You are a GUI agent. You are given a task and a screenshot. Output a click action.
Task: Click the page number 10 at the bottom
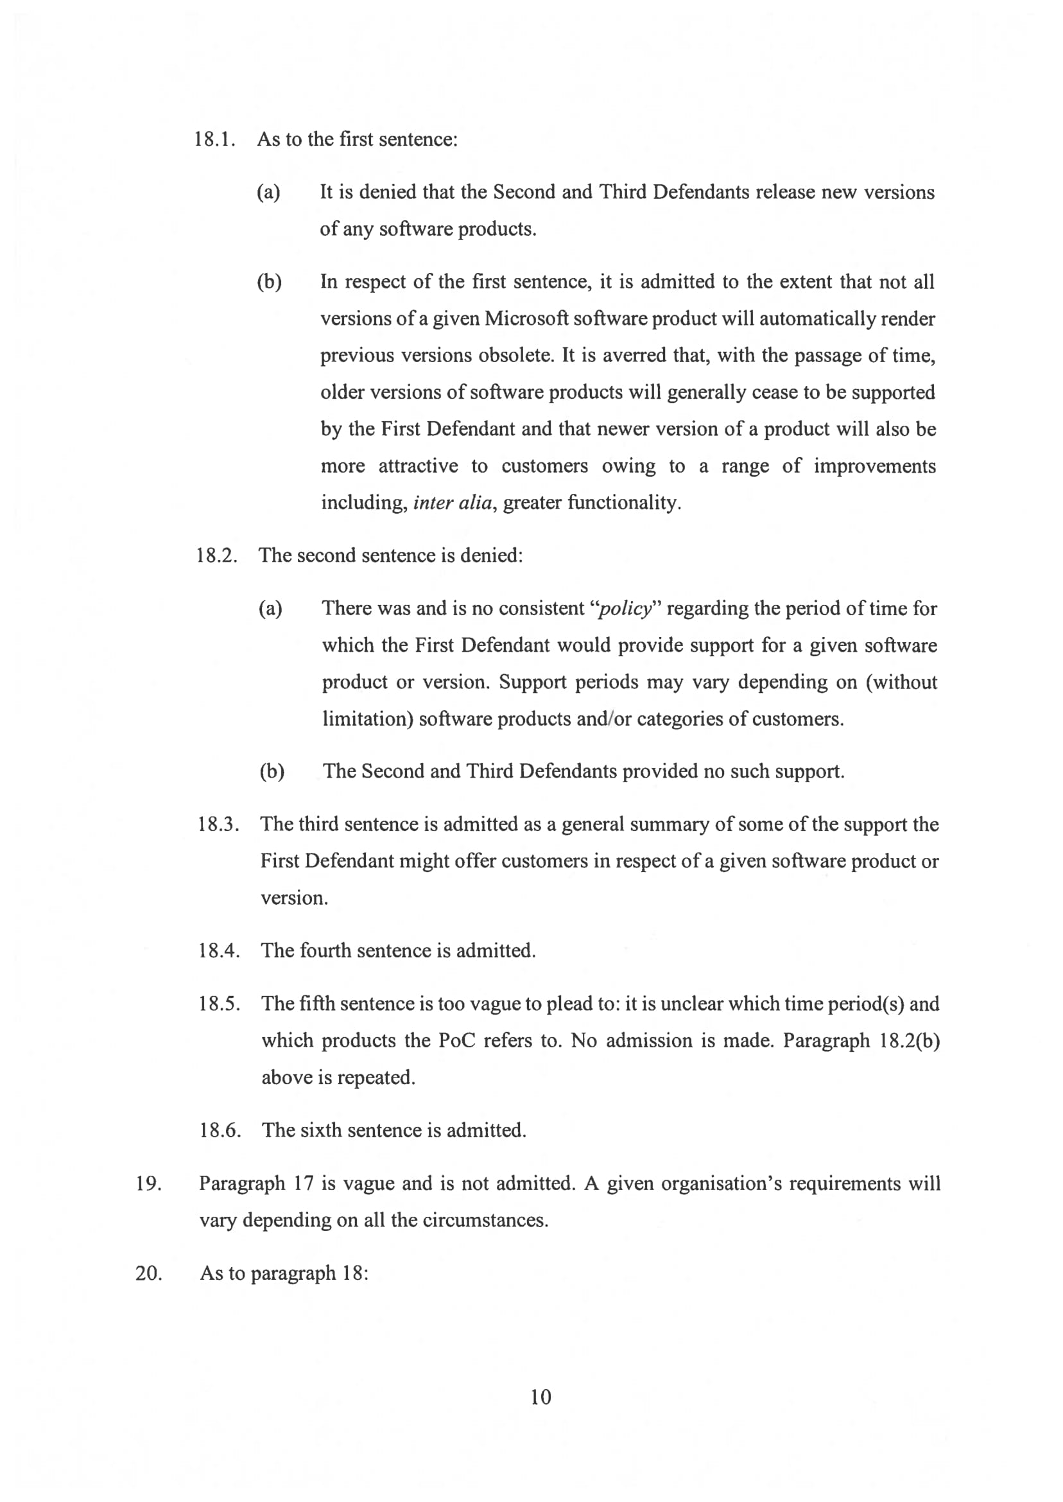(540, 1397)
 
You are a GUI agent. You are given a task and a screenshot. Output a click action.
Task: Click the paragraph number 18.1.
(214, 139)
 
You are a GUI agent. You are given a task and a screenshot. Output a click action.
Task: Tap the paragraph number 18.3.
(218, 825)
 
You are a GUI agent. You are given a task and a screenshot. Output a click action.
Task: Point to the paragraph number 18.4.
(219, 950)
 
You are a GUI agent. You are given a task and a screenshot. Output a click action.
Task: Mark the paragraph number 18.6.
(220, 1130)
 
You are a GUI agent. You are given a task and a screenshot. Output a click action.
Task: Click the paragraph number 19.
(148, 1183)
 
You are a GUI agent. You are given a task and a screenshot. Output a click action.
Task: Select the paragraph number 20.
(148, 1273)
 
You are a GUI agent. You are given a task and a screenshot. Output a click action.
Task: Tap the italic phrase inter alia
(453, 503)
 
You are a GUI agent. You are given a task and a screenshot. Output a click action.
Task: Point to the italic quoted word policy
(625, 609)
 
